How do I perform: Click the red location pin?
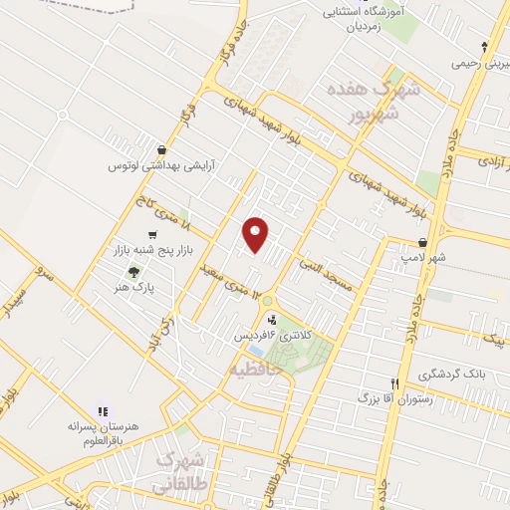click(x=256, y=234)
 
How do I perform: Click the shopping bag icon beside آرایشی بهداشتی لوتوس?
click(x=161, y=150)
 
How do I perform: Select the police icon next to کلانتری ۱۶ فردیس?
click(x=270, y=319)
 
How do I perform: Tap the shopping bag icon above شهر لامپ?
click(x=423, y=242)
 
